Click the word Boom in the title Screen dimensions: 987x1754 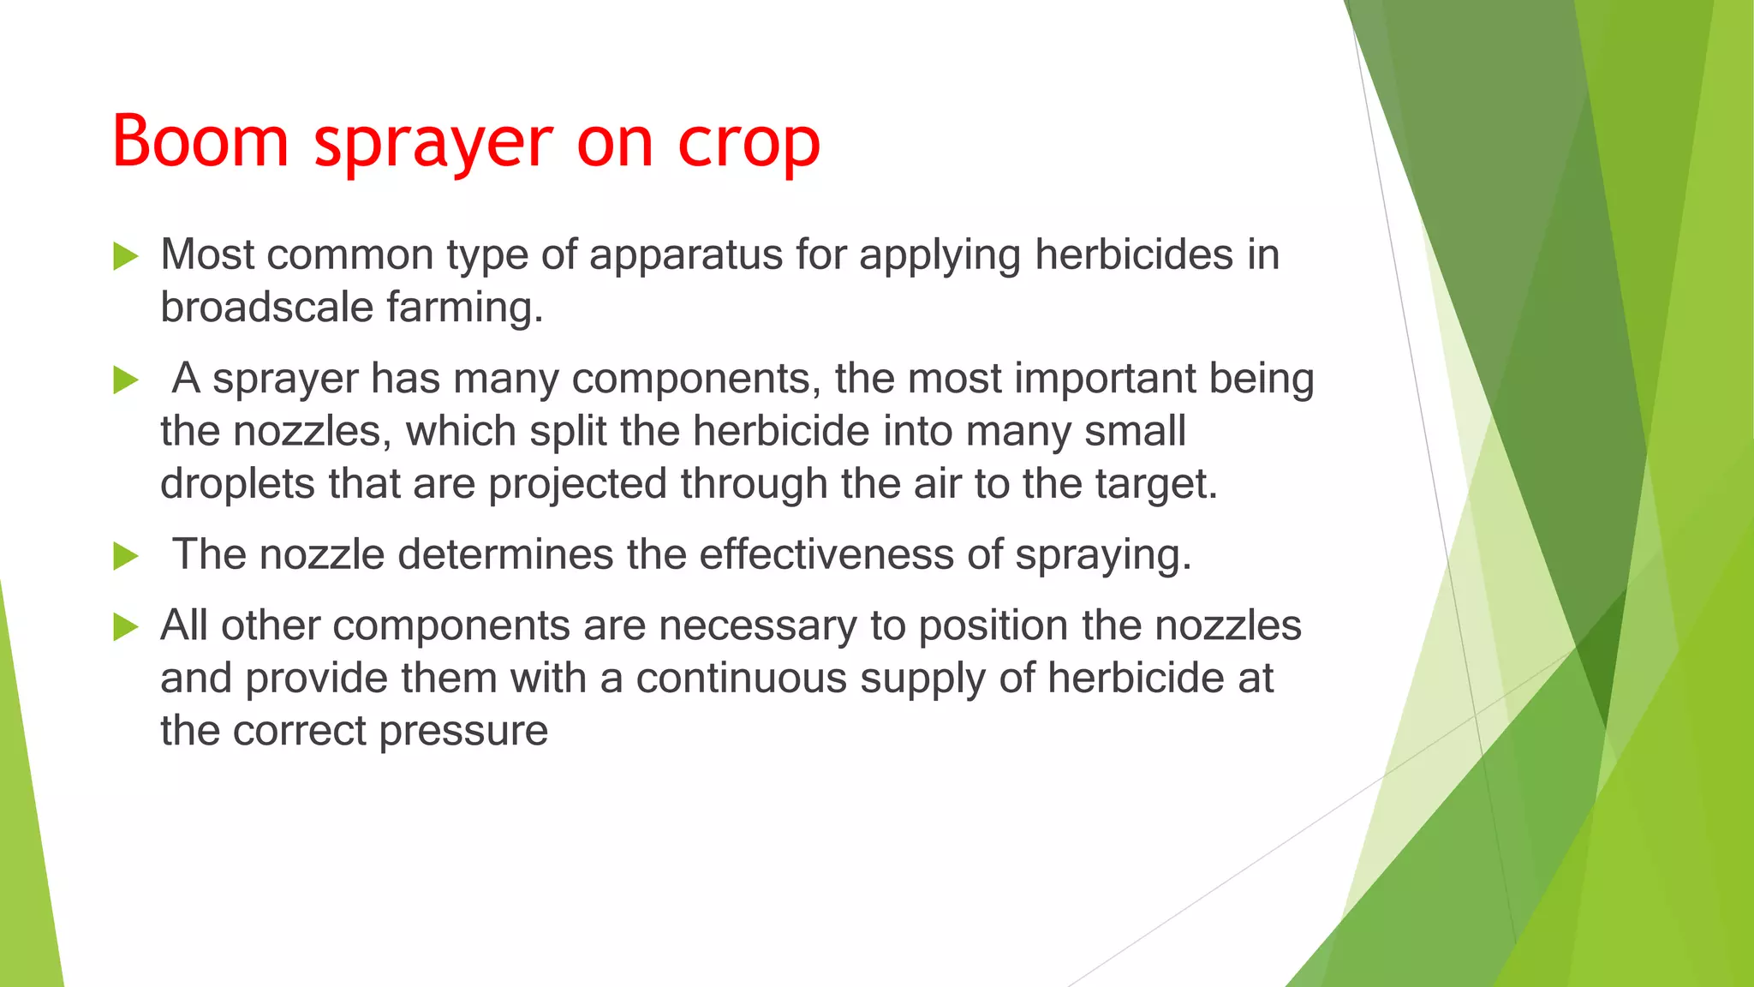click(200, 141)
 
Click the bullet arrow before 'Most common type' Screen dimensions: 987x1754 click(126, 256)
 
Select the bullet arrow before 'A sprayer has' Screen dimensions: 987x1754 click(126, 380)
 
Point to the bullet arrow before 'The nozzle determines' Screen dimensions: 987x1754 click(126, 556)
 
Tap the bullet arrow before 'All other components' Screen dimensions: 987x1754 click(126, 627)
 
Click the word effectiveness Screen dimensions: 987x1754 click(826, 554)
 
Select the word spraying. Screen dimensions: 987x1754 click(1103, 556)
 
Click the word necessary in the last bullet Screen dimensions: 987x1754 click(757, 626)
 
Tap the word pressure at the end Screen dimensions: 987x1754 click(462, 732)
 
